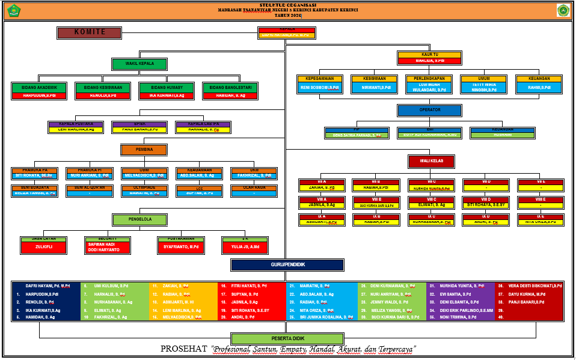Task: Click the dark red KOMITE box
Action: (x=90, y=32)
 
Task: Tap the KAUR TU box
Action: (x=429, y=58)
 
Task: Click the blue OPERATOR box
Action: (x=429, y=111)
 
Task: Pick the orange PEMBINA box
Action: (x=144, y=150)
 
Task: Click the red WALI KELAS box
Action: (x=430, y=161)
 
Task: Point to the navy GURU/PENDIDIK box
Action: (x=287, y=265)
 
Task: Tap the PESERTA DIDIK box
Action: (x=287, y=338)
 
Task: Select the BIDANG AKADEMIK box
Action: (x=40, y=91)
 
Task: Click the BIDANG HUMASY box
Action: (x=162, y=91)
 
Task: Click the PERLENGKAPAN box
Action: (x=429, y=84)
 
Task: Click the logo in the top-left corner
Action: (x=12, y=10)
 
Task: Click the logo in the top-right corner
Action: (x=563, y=10)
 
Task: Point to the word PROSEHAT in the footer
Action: (x=184, y=349)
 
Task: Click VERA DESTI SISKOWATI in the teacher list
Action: (x=535, y=285)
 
